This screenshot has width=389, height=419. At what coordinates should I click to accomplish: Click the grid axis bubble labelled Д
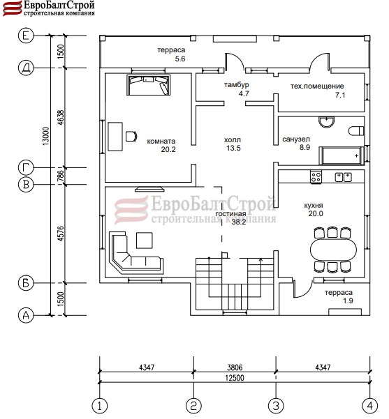click(26, 68)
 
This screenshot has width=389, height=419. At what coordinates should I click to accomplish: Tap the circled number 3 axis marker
click(276, 406)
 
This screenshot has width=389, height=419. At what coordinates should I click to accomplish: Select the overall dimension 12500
click(235, 378)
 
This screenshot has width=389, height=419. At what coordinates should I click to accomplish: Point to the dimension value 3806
click(235, 367)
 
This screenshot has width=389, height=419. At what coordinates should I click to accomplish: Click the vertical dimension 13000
click(46, 136)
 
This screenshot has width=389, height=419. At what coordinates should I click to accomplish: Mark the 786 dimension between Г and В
click(61, 176)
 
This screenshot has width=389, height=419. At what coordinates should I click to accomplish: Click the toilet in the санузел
click(356, 131)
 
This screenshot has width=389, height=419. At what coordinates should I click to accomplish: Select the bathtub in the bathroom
click(342, 155)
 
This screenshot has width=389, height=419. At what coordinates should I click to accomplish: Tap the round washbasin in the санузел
click(327, 122)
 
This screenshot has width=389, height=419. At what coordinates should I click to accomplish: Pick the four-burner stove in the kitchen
click(316, 176)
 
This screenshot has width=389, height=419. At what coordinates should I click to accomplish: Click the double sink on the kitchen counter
click(343, 177)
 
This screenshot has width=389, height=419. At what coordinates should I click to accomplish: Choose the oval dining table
click(333, 250)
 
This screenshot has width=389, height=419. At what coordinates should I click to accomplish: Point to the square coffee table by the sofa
click(145, 241)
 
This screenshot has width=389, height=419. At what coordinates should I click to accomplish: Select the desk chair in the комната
click(131, 136)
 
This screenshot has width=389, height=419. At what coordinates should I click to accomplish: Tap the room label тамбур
click(236, 85)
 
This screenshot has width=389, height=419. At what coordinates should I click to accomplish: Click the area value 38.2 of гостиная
click(239, 222)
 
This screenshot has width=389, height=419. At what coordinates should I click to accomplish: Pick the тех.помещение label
click(317, 86)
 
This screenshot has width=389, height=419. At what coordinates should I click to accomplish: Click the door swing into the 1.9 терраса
click(303, 289)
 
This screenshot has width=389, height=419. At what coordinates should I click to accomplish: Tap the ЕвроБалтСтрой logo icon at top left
click(13, 8)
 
